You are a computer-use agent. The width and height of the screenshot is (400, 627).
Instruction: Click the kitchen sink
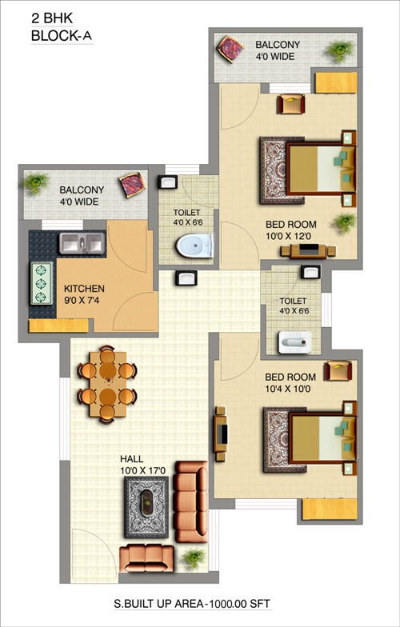[x=82, y=243]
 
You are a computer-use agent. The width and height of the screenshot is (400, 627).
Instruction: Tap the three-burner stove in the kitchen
[x=42, y=283]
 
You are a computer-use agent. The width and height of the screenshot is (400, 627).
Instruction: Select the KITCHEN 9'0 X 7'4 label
[x=84, y=294]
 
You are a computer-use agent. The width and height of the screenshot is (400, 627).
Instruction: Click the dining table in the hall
[x=107, y=384]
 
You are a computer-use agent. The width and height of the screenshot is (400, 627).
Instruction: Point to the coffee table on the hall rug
[x=147, y=502]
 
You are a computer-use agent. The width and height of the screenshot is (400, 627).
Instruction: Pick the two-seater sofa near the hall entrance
[x=147, y=558]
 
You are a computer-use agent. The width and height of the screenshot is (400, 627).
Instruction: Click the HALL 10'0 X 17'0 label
[x=142, y=465]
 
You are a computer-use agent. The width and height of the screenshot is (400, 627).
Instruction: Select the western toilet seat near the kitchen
[x=194, y=246]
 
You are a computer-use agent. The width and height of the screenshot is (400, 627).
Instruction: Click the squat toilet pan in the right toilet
[x=294, y=342]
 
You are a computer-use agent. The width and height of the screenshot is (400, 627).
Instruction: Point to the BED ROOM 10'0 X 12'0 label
[x=291, y=230]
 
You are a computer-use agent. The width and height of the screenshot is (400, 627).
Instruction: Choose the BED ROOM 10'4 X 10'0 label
[x=290, y=382]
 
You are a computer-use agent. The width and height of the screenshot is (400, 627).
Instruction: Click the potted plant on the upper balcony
[x=339, y=50]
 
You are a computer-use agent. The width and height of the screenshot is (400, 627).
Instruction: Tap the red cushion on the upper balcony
[x=230, y=50]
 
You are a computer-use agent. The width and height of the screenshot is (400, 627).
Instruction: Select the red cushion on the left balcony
[x=132, y=185]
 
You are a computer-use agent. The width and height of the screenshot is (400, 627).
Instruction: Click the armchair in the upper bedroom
[x=291, y=104]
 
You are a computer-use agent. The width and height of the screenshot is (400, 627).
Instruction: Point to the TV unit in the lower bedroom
[x=221, y=433]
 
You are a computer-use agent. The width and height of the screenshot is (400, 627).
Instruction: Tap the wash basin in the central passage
[x=186, y=278]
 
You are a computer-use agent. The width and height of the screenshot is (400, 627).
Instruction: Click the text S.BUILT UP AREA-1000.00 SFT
[x=192, y=603]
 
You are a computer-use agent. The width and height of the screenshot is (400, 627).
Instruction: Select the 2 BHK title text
[x=52, y=18]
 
